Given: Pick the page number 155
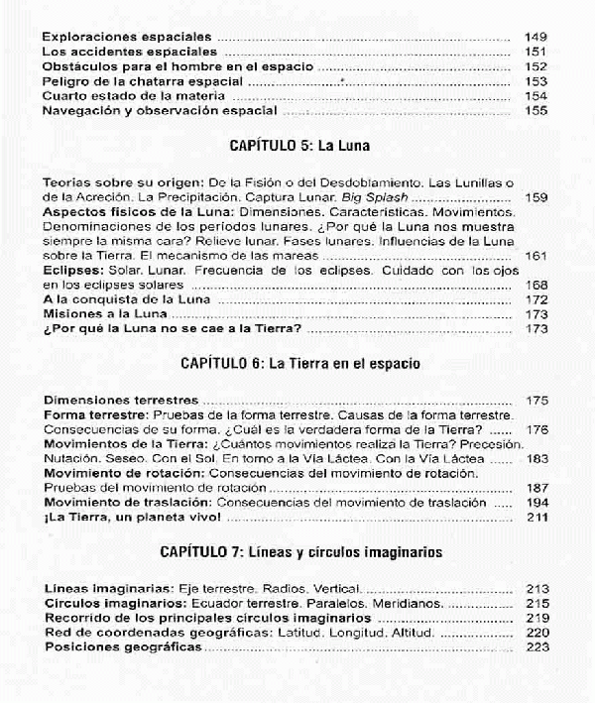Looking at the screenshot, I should (x=535, y=111).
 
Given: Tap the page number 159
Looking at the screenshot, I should (x=535, y=197).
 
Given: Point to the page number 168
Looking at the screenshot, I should (x=535, y=284).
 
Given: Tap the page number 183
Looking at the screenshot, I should (x=535, y=459).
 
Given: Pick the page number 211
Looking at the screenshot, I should (x=535, y=518).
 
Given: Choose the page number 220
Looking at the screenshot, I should (x=535, y=633).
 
